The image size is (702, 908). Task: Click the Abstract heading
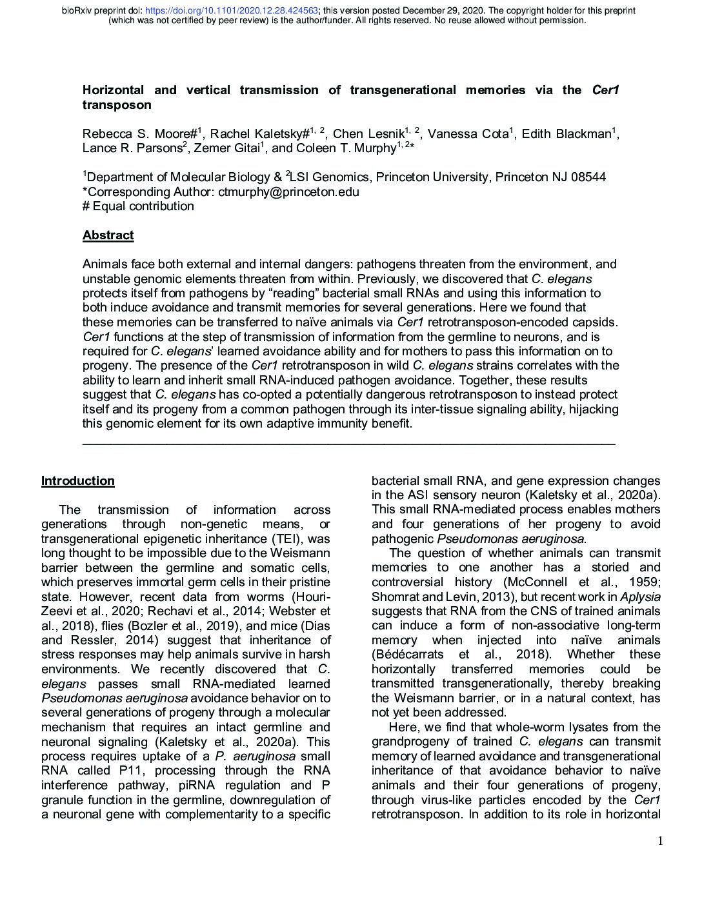pyautogui.click(x=108, y=235)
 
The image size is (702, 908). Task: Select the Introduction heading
pyautogui.click(x=78, y=481)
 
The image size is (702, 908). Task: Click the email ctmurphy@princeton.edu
pyautogui.click(x=288, y=192)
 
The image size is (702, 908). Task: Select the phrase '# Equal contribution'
pyautogui.click(x=138, y=206)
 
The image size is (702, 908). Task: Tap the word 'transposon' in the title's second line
pyautogui.click(x=117, y=104)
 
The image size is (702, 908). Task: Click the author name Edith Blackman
pyautogui.click(x=566, y=134)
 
